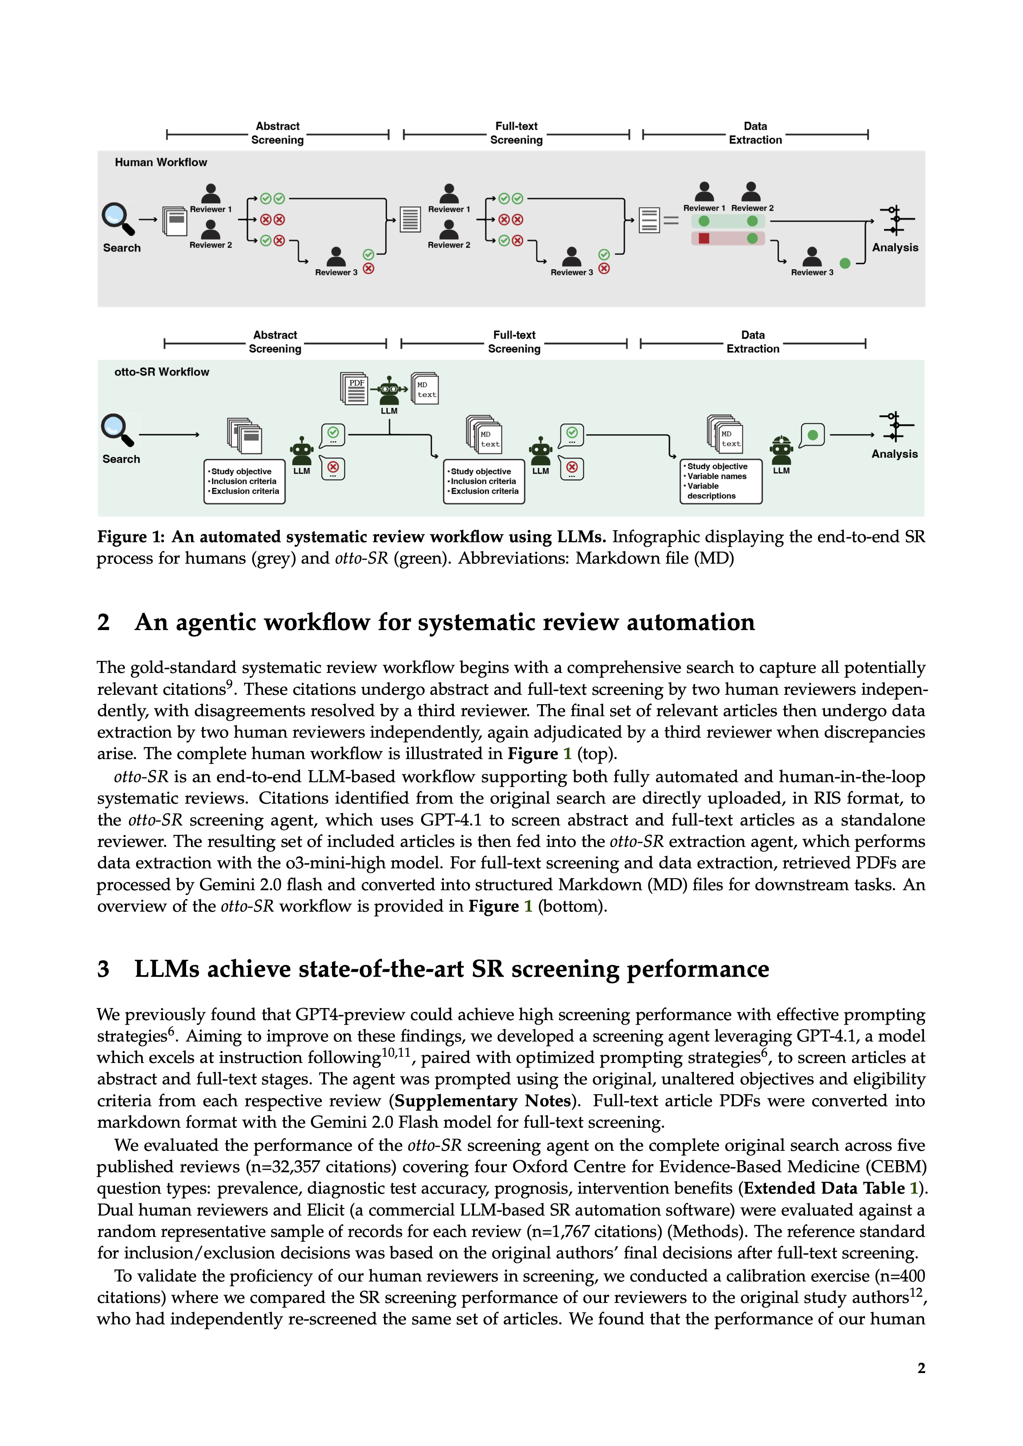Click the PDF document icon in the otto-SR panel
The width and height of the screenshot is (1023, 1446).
[x=355, y=388]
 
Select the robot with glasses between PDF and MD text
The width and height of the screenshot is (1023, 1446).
[x=389, y=390]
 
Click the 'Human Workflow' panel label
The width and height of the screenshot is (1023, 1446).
[x=160, y=162]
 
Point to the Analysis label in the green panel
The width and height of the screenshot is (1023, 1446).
[x=894, y=454]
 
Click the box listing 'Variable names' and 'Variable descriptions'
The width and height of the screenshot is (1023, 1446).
[x=721, y=482]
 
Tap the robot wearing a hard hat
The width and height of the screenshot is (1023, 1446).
[x=781, y=449]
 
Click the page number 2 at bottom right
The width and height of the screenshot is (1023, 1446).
[x=921, y=1368]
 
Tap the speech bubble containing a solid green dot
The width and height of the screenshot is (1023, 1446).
[x=812, y=435]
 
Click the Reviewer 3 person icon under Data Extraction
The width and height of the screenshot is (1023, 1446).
[x=812, y=257]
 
